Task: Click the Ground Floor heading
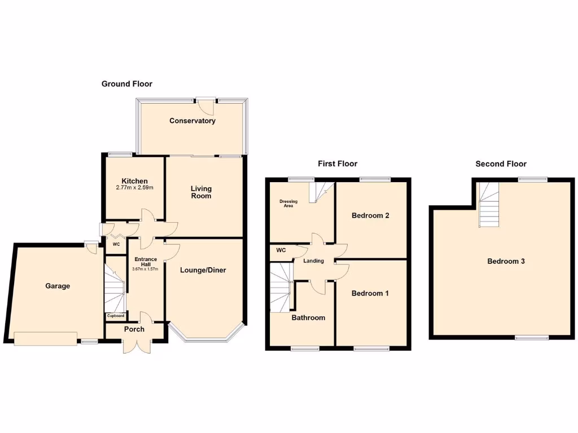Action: click(126, 83)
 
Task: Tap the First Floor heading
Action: click(338, 164)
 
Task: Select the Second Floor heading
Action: click(501, 164)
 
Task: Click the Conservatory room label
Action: click(192, 121)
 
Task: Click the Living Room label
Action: click(201, 192)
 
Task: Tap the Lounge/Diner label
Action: click(203, 270)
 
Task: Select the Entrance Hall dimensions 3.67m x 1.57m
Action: click(145, 269)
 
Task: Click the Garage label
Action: click(58, 286)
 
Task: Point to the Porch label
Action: click(134, 329)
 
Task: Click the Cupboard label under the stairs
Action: click(116, 316)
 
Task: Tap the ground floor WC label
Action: click(116, 245)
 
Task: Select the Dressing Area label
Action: click(288, 203)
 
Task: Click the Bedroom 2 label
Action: click(370, 215)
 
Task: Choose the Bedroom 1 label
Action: click(370, 293)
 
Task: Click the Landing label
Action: click(313, 261)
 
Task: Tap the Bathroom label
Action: click(308, 317)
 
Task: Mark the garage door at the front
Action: click(45, 338)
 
